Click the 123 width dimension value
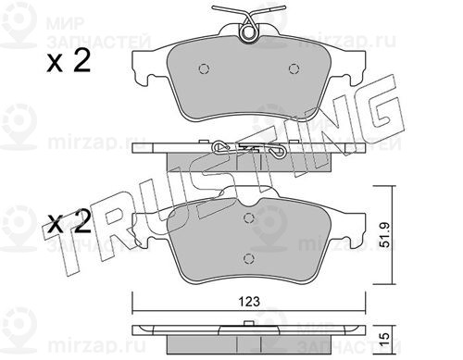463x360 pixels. pos(250,302)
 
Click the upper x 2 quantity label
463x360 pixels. pos(69,62)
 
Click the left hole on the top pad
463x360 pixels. pos(203,68)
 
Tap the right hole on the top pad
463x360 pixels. pos(294,68)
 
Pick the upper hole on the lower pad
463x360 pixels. pos(248,218)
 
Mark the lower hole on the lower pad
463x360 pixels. pos(248,258)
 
